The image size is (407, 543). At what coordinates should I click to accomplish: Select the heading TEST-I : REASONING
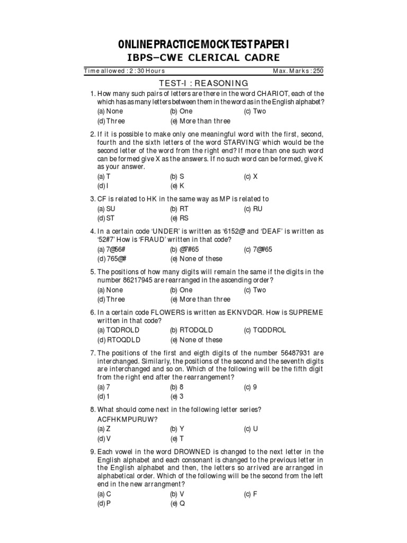click(203, 83)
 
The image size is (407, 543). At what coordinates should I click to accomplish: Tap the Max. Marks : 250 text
click(297, 71)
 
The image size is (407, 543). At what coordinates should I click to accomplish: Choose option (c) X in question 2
click(250, 177)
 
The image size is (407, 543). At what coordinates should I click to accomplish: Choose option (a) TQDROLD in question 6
click(117, 330)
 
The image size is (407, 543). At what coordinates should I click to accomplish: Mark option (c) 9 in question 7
click(250, 387)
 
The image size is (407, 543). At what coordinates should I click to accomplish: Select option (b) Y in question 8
click(177, 428)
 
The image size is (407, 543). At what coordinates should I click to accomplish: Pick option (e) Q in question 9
click(177, 503)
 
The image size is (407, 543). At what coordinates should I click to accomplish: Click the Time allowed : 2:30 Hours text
click(125, 71)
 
